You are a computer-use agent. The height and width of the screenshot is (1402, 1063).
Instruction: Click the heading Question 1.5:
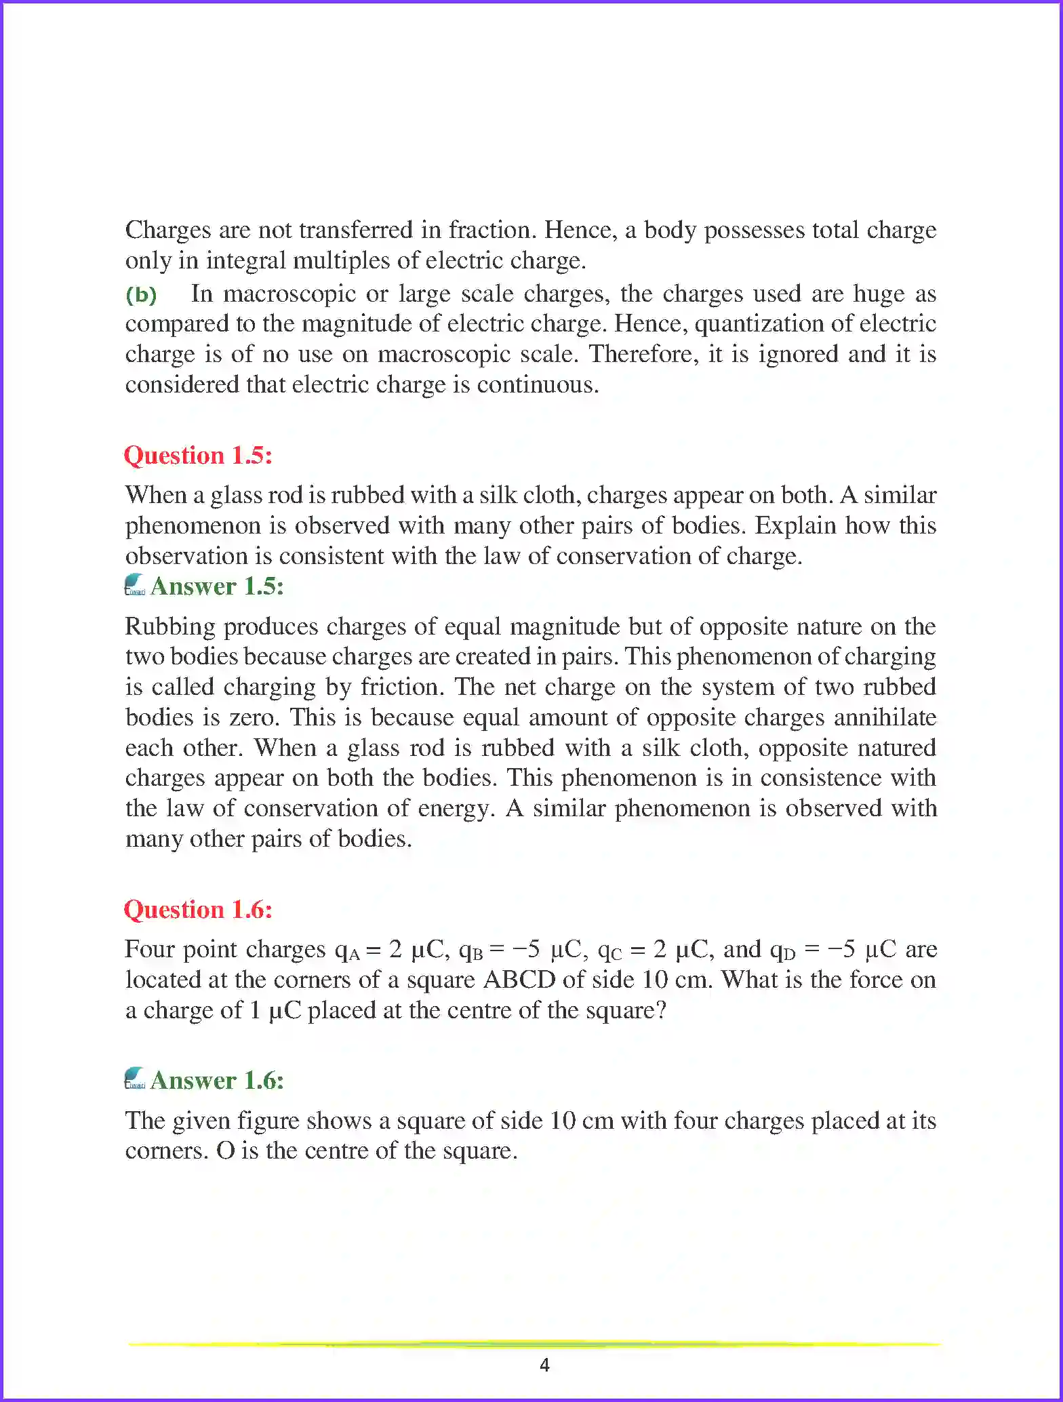tap(198, 455)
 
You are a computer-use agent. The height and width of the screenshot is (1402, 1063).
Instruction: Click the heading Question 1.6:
tap(198, 909)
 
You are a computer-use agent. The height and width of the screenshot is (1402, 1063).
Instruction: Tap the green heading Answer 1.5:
tap(217, 586)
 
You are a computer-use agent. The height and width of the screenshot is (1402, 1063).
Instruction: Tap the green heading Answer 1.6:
tap(217, 1080)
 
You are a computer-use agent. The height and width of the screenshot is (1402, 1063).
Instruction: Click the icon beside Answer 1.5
tap(135, 585)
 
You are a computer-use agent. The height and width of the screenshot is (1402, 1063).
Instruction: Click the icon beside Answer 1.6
tap(135, 1079)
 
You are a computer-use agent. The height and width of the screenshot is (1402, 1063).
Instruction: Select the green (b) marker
tap(141, 295)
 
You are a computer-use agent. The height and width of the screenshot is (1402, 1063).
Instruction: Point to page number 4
tap(544, 1365)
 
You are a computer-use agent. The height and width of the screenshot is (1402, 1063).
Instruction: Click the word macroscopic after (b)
tap(289, 294)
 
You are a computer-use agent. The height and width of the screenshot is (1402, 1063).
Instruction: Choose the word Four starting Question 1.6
tap(150, 949)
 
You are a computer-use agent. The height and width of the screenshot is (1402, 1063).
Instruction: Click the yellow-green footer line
tap(533, 1344)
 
